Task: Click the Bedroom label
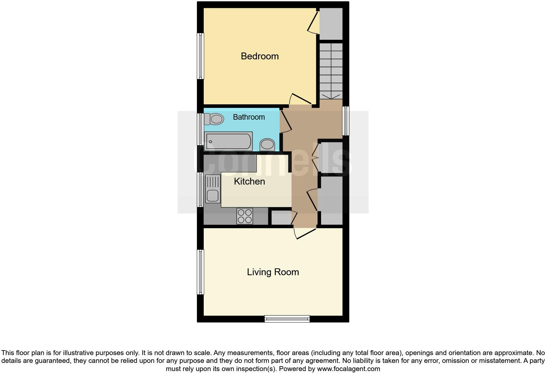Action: pyautogui.click(x=259, y=56)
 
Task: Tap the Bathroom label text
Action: pyautogui.click(x=249, y=117)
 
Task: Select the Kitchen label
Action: pyautogui.click(x=249, y=181)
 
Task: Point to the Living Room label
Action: pyautogui.click(x=273, y=272)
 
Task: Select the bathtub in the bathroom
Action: pyautogui.click(x=228, y=141)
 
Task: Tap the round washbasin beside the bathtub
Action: pyautogui.click(x=267, y=144)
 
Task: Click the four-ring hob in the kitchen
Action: pyautogui.click(x=245, y=216)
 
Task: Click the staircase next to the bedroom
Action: pyautogui.click(x=331, y=71)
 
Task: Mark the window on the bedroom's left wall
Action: pyautogui.click(x=200, y=56)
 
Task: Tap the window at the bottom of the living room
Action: pyautogui.click(x=287, y=319)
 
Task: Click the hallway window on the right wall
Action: pyautogui.click(x=346, y=121)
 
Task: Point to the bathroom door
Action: pyautogui.click(x=285, y=121)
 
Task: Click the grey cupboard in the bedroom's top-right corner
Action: pyautogui.click(x=331, y=24)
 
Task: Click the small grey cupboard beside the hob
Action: pyautogui.click(x=281, y=217)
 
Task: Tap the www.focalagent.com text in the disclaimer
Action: pyautogui.click(x=348, y=369)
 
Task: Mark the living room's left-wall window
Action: pyautogui.click(x=201, y=272)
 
